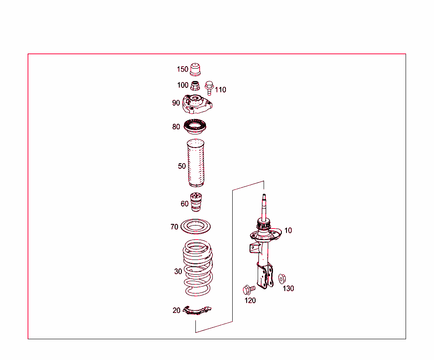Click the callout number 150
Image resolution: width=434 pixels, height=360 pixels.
coord(182,69)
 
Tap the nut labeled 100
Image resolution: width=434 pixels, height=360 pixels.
coord(195,86)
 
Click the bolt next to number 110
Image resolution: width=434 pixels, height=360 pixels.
coord(209,87)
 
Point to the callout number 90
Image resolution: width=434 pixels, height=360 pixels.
coord(176,103)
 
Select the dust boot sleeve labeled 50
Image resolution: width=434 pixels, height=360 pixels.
coord(195,164)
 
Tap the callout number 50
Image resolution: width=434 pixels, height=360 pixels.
coord(182,166)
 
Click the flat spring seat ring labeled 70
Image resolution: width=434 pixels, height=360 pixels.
coord(196,226)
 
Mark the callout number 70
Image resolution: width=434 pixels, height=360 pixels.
coord(174,227)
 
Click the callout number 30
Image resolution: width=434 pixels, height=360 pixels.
coord(178,271)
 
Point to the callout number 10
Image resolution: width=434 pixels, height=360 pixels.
coord(288,231)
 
